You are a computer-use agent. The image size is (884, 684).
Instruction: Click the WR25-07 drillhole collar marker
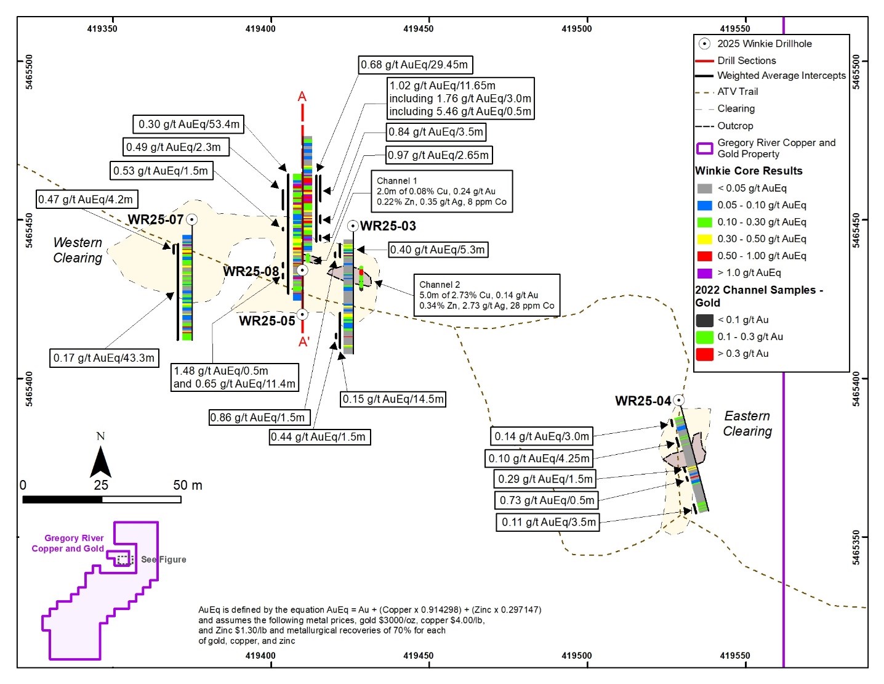tap(192, 219)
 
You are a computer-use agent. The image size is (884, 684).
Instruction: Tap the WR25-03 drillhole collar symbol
tap(353, 226)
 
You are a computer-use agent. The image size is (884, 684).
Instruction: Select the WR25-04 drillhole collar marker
tap(678, 400)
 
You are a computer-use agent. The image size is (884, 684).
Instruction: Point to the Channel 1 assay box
tap(441, 192)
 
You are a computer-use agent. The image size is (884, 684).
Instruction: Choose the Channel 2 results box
tap(486, 295)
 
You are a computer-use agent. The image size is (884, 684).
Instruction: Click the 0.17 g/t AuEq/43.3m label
tap(104, 358)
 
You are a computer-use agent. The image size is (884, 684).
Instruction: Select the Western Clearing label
tap(78, 250)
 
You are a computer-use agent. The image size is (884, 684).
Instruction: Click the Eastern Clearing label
tap(747, 423)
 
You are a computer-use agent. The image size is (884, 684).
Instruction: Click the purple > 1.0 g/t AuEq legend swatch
tap(704, 273)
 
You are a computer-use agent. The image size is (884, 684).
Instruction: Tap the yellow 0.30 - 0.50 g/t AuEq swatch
tap(704, 239)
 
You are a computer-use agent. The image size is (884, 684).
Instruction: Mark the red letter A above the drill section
tap(302, 97)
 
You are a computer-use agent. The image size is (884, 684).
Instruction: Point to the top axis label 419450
tap(419, 28)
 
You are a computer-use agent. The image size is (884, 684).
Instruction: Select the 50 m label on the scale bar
tap(187, 486)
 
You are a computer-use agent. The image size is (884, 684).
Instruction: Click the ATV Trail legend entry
tap(737, 92)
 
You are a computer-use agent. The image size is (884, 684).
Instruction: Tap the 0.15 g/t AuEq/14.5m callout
tap(393, 399)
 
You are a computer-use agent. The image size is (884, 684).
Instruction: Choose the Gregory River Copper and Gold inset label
tap(68, 544)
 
